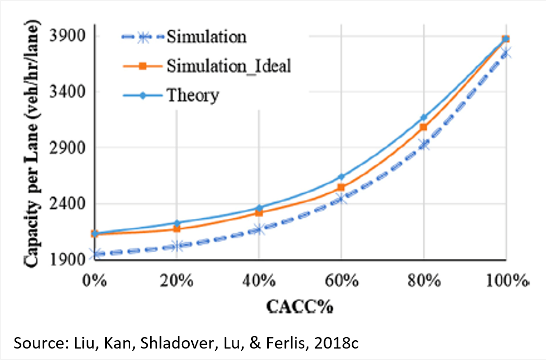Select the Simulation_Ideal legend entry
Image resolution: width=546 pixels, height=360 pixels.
coord(228,66)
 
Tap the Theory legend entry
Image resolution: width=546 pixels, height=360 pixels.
coord(192,95)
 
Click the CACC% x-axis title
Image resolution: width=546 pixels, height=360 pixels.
coord(300,306)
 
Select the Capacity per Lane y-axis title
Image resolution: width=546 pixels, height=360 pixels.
coord(33,146)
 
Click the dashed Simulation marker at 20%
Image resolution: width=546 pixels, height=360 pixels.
coord(177,245)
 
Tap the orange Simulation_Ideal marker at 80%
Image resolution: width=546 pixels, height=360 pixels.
coord(424,127)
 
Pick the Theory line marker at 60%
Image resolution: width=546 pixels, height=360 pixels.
coord(341,177)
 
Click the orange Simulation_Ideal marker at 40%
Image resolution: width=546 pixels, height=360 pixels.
coord(259,213)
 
